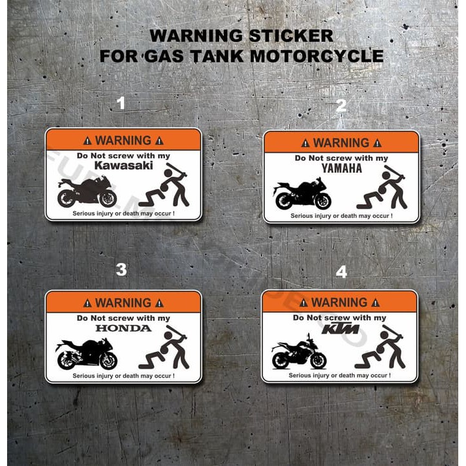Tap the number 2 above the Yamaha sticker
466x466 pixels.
(341, 106)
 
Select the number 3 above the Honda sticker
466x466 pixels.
(121, 270)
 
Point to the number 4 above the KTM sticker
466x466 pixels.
(341, 272)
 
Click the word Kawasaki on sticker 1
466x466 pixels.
(123, 166)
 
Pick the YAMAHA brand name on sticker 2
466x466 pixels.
(342, 169)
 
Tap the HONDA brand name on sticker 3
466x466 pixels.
(123, 327)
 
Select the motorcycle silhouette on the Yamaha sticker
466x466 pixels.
(302, 194)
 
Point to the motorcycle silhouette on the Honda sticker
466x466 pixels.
(87, 354)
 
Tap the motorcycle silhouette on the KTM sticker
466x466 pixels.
(298, 353)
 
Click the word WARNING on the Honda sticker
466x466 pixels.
(123, 302)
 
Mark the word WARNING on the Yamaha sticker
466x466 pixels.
(341, 142)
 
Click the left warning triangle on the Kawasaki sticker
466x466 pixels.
(88, 141)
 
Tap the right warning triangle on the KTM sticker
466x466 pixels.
(375, 302)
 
